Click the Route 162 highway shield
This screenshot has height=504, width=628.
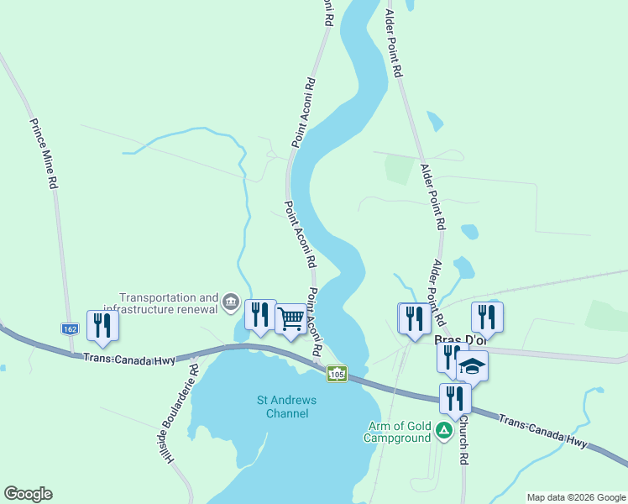click(70, 328)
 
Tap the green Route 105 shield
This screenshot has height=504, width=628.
click(337, 373)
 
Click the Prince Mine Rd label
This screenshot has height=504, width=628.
click(44, 152)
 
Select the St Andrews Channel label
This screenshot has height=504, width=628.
click(287, 407)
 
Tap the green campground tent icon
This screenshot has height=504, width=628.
click(443, 432)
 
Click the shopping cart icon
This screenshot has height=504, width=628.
click(290, 319)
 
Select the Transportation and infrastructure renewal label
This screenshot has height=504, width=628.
click(169, 302)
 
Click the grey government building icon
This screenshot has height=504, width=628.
click(231, 302)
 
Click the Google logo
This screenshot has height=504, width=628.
click(28, 494)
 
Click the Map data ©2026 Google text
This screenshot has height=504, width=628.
click(575, 497)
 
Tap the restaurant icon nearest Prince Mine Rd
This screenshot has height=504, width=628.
click(102, 325)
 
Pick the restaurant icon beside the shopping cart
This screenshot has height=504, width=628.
click(260, 314)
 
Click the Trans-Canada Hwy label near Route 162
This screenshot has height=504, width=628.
click(128, 359)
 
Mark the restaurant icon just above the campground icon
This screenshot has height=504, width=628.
click(455, 398)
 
